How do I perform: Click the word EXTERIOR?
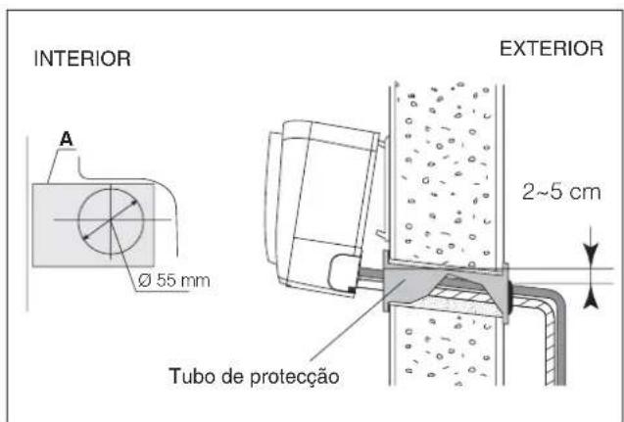click(x=552, y=50)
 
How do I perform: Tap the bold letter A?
click(x=68, y=140)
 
